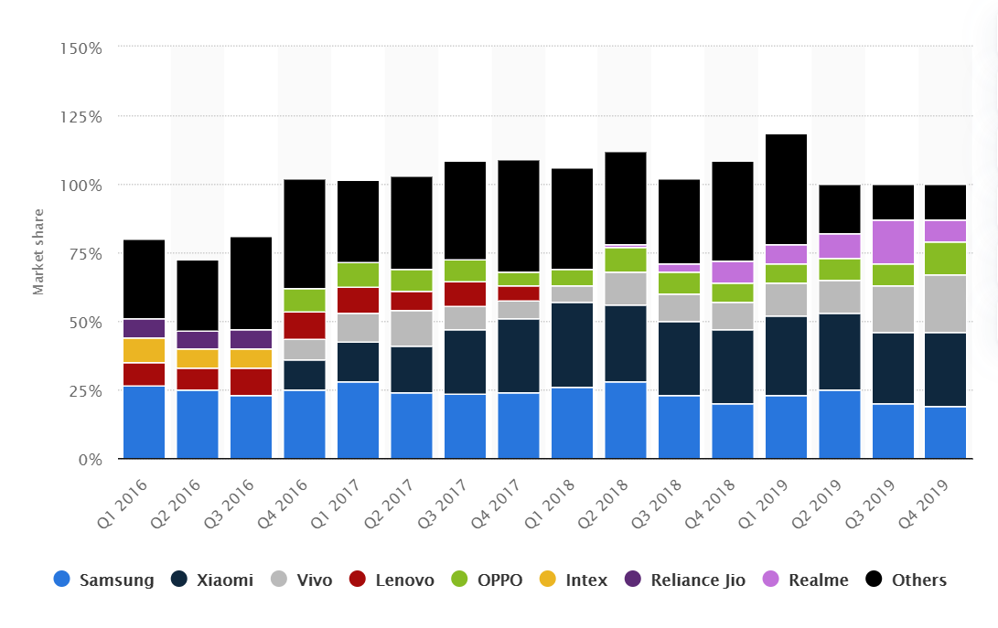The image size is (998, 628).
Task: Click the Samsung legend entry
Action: tap(104, 580)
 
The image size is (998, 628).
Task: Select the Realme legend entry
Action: tap(805, 580)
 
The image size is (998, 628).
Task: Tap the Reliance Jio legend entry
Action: tap(681, 580)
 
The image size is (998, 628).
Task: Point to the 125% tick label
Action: tap(81, 117)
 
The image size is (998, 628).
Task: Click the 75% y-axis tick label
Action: tap(85, 254)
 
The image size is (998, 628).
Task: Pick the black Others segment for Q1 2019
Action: tap(786, 189)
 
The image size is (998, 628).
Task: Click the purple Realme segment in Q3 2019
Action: tap(893, 242)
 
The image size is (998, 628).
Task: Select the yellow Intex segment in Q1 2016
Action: tap(144, 350)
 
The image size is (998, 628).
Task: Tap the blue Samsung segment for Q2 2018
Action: tap(626, 420)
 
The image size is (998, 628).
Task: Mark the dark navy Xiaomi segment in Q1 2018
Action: tap(572, 345)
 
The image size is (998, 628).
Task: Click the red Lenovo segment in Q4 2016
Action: tap(305, 325)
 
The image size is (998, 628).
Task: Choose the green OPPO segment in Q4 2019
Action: tap(946, 259)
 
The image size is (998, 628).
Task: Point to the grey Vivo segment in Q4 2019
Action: tap(946, 304)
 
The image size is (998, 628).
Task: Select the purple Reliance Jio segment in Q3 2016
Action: tap(251, 339)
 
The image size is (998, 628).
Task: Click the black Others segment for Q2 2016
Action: tap(198, 295)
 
